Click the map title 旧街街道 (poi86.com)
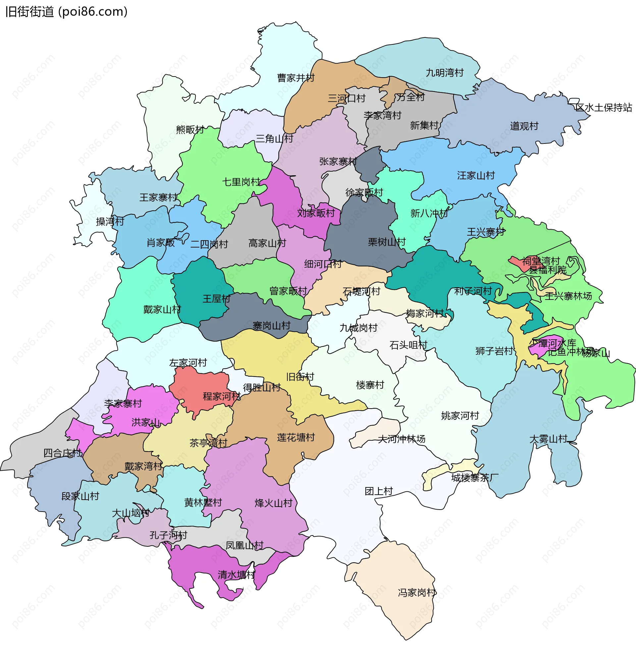point(66,12)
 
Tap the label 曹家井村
point(295,78)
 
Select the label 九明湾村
point(445,73)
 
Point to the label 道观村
point(524,126)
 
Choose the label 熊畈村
point(190,129)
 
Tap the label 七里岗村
point(241,182)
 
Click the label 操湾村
point(110,222)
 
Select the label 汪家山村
point(476,176)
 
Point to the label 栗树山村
point(386,242)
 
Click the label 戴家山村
point(162,309)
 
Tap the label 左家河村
point(188,363)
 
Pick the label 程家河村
point(222,396)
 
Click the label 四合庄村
point(63,453)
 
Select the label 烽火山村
point(273,503)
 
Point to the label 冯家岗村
point(417,593)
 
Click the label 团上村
point(379,491)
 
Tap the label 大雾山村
point(548,439)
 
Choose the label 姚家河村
point(460,416)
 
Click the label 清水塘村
point(236,575)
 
